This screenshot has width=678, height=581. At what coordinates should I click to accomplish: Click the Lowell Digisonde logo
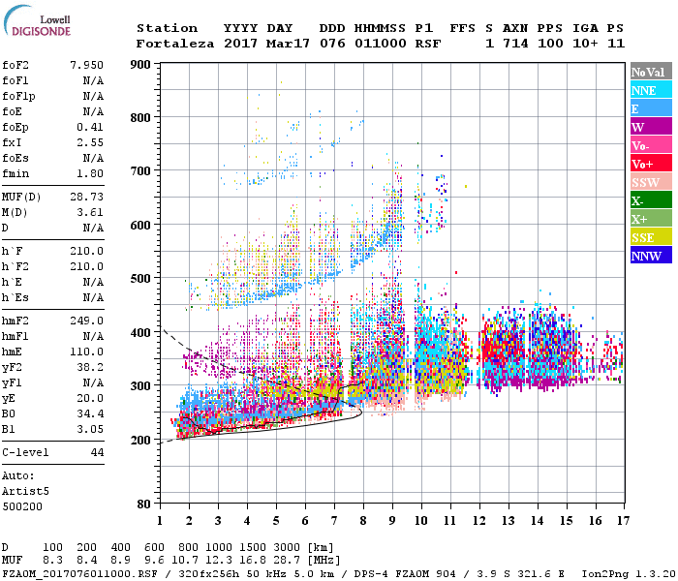[x=37, y=25]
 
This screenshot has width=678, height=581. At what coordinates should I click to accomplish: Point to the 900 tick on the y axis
[x=140, y=65]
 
